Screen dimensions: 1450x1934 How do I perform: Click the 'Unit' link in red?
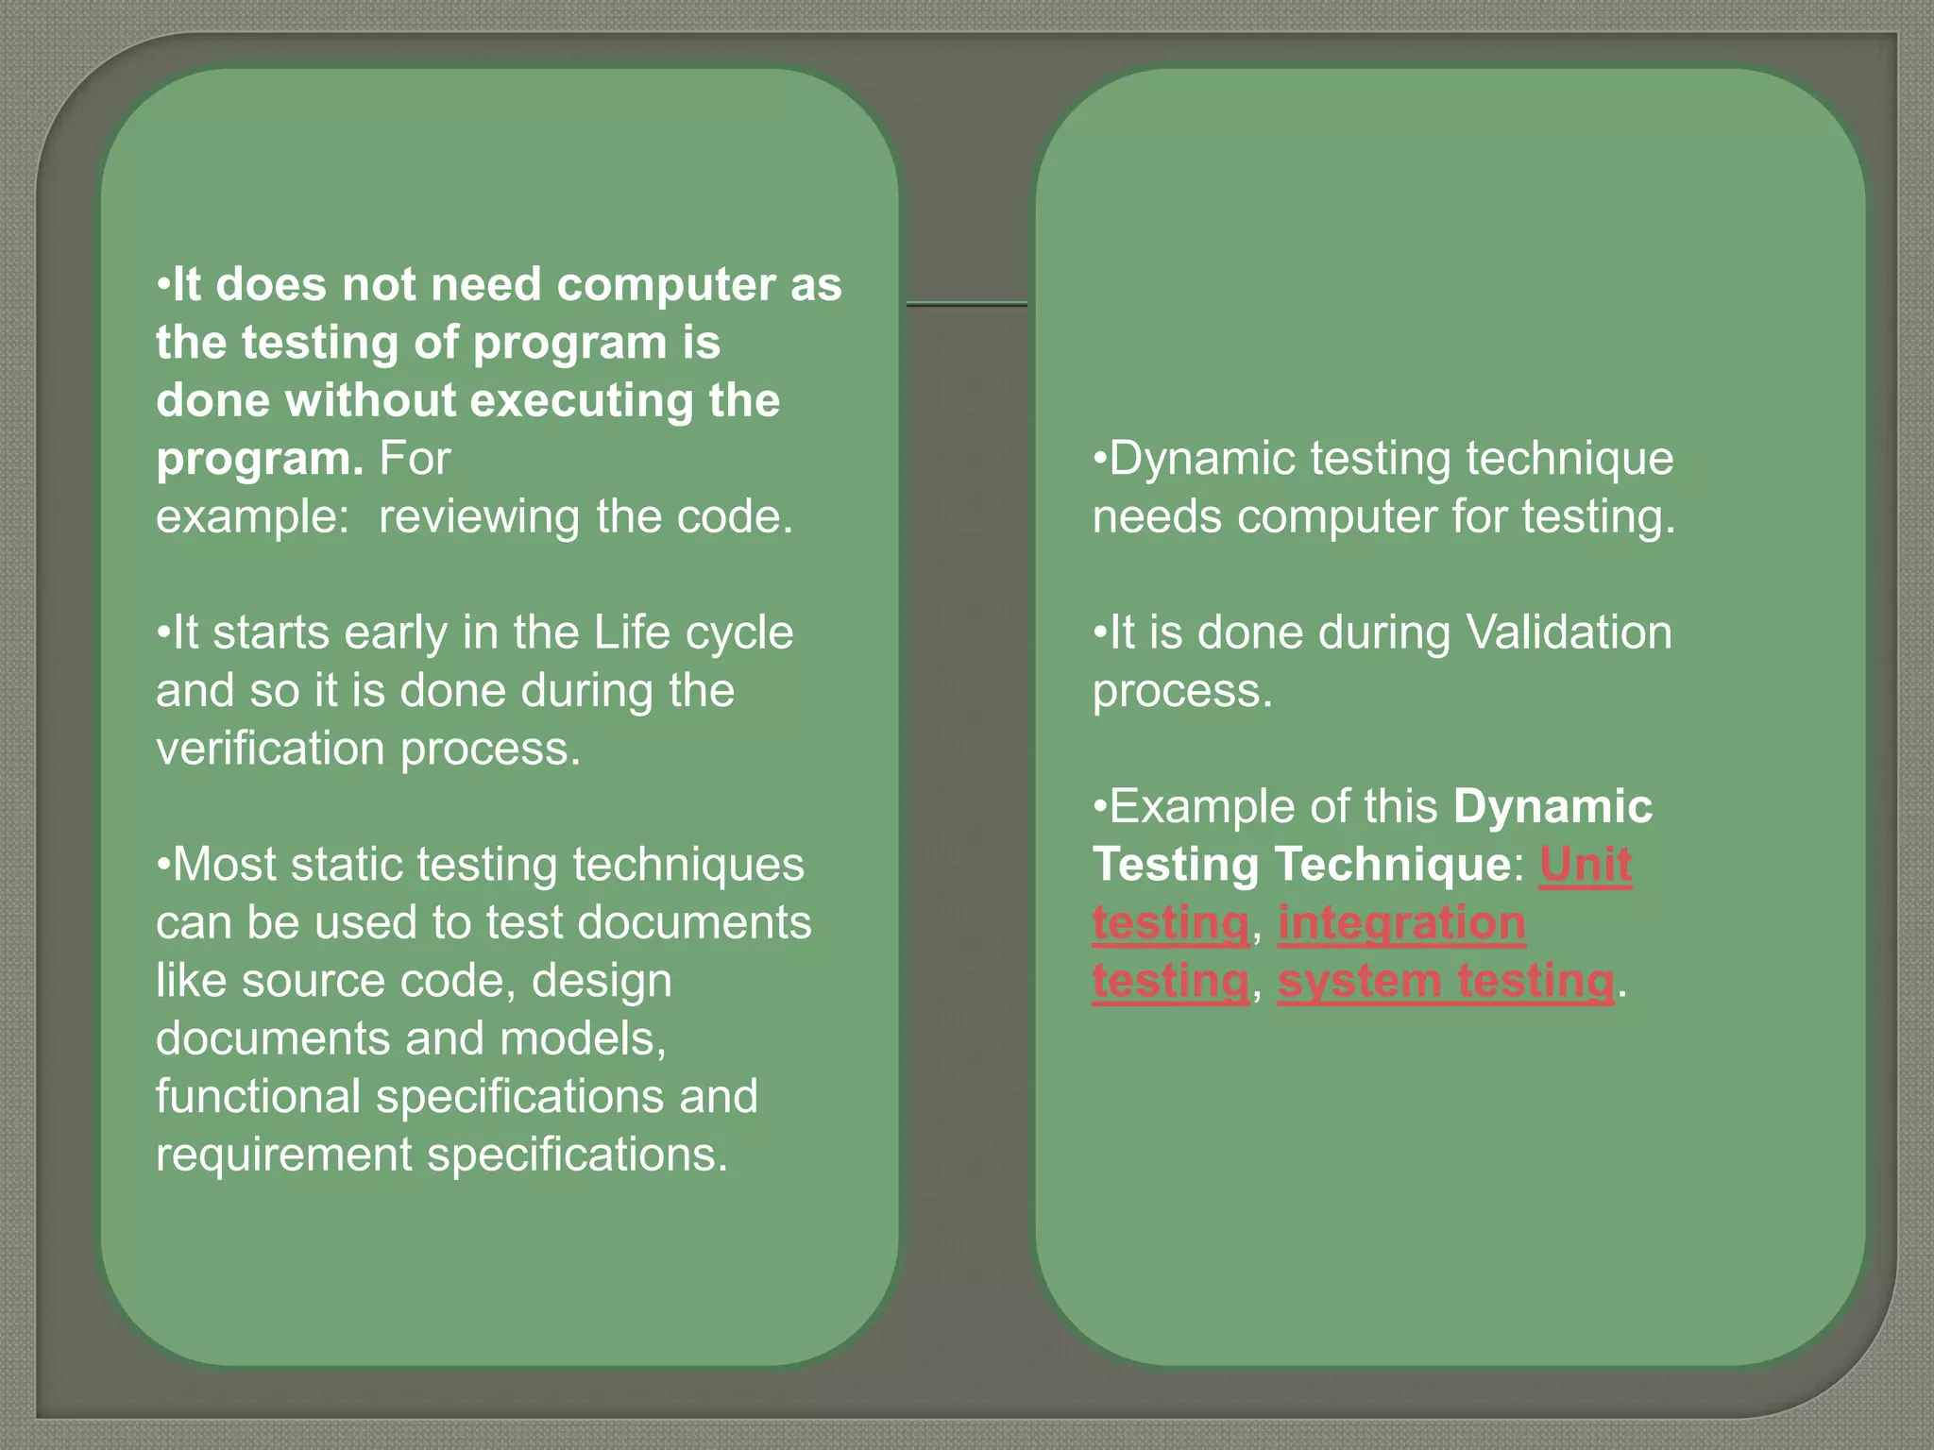(1586, 864)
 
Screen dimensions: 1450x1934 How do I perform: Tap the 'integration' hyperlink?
(1401, 922)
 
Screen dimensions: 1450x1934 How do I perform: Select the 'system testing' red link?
(1446, 981)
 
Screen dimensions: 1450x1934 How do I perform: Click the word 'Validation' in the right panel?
(1569, 632)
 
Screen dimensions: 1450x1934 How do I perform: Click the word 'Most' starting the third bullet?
(224, 865)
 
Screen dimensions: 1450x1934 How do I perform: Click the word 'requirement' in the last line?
(284, 1155)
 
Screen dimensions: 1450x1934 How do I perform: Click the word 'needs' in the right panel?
(1157, 517)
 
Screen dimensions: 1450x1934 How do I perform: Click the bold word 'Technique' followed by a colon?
(1393, 864)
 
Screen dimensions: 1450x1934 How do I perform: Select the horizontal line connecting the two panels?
(966, 304)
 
